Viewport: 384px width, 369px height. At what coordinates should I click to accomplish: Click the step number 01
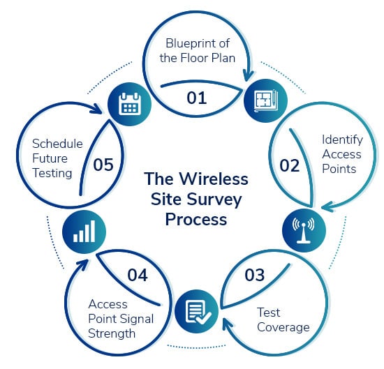pyautogui.click(x=197, y=98)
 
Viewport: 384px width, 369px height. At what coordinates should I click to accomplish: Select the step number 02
pyautogui.click(x=289, y=165)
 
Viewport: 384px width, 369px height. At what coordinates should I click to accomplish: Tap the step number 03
pyautogui.click(x=255, y=274)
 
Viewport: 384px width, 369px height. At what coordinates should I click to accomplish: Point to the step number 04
pyautogui.click(x=138, y=275)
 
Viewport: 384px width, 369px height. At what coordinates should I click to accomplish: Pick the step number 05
pyautogui.click(x=103, y=165)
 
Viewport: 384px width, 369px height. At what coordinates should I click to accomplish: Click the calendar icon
pyautogui.click(x=128, y=105)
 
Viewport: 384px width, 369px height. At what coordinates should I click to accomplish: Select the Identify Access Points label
pyautogui.click(x=341, y=154)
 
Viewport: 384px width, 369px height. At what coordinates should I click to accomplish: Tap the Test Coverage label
pyautogui.click(x=283, y=319)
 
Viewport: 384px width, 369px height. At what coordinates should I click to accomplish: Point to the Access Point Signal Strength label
pyautogui.click(x=118, y=319)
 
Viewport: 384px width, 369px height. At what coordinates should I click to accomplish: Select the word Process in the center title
pyautogui.click(x=196, y=219)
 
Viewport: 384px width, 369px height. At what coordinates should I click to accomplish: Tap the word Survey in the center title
pyautogui.click(x=221, y=199)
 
